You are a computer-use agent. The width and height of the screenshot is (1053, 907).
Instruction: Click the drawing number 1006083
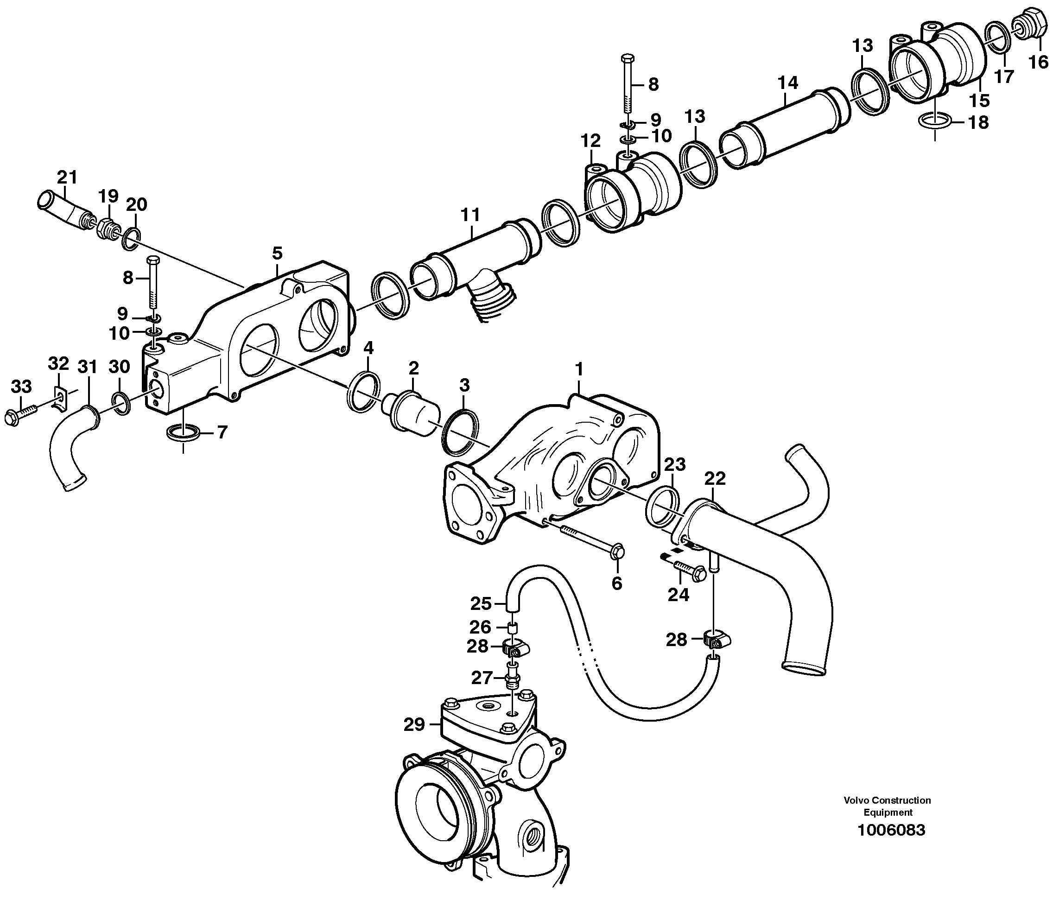coord(891,830)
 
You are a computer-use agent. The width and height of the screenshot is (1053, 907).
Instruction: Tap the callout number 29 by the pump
coord(414,724)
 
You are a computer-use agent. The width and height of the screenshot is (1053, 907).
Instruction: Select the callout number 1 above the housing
coord(579,370)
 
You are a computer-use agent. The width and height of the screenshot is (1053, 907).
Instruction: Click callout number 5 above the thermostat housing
coord(277,253)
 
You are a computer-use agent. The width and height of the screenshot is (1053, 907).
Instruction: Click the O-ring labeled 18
coord(935,122)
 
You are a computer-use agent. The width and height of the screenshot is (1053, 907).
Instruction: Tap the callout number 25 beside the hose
coord(481,603)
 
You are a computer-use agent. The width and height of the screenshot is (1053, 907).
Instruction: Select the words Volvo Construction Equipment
coord(888,806)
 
